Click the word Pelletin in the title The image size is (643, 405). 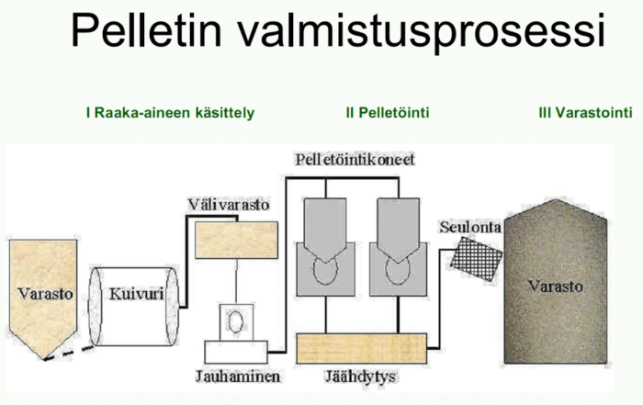(x=146, y=30)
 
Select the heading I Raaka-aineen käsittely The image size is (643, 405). (x=170, y=113)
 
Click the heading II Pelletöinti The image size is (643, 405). (x=388, y=113)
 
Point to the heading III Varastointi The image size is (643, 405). (x=586, y=113)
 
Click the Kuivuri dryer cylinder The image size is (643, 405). (x=134, y=307)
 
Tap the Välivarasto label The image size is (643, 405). (x=229, y=205)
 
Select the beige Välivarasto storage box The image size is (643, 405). (x=236, y=241)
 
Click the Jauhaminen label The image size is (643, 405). (x=238, y=376)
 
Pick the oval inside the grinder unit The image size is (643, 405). (x=236, y=321)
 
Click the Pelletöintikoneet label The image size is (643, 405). (x=355, y=160)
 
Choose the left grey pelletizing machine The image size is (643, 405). (x=325, y=247)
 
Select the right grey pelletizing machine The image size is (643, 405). (x=398, y=247)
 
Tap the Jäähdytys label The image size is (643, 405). (x=360, y=376)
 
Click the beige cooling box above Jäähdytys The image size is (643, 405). (x=361, y=348)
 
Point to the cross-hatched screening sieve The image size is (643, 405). (x=476, y=259)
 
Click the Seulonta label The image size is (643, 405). (x=470, y=227)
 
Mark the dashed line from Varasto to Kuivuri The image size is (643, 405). (x=69, y=354)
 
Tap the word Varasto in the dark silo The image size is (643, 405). (x=555, y=287)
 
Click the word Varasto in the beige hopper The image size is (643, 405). (x=45, y=294)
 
